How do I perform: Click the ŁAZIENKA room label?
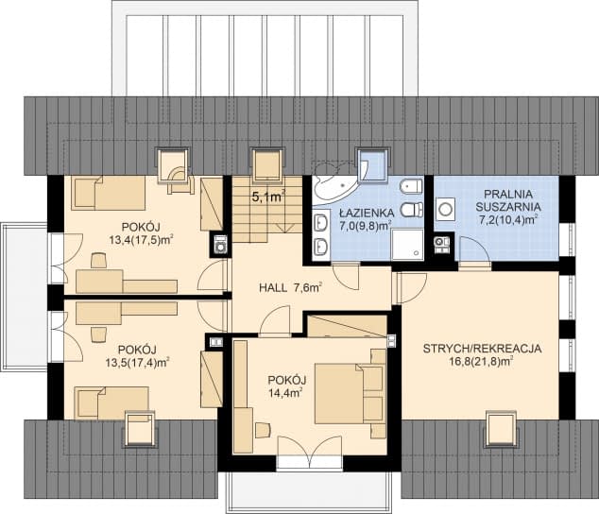click(362, 214)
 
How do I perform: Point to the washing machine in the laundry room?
click(445, 207)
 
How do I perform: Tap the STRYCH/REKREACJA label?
click(481, 348)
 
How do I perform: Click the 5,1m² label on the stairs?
click(267, 197)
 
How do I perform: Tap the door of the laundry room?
click(472, 251)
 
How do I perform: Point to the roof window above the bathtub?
click(373, 162)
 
